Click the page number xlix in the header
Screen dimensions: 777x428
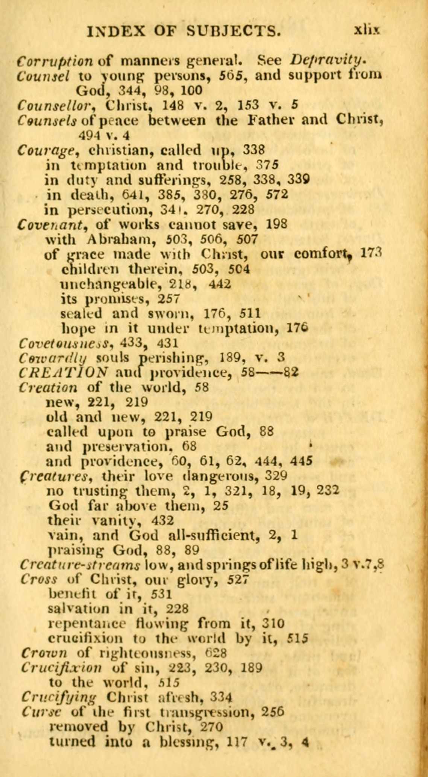click(x=367, y=30)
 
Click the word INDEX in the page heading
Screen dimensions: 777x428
click(x=116, y=31)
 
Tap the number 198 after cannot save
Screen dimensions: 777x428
click(x=276, y=224)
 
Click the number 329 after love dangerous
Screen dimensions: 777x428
click(x=276, y=476)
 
